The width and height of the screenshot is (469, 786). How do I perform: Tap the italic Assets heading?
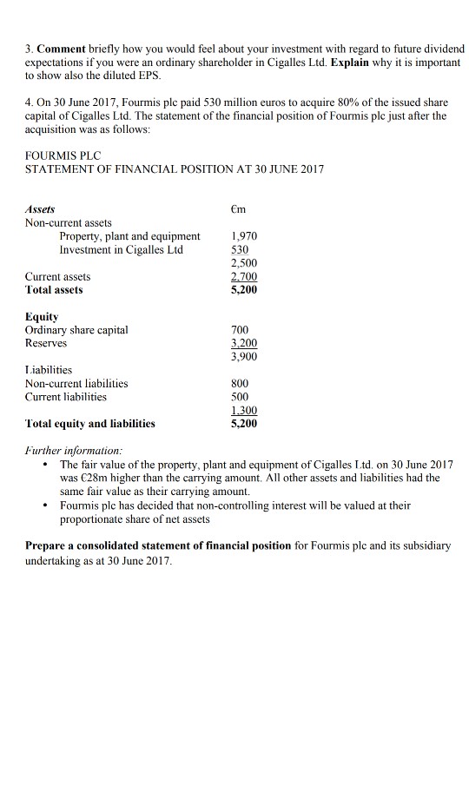coord(40,209)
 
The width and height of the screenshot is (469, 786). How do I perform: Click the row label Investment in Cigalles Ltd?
coord(122,249)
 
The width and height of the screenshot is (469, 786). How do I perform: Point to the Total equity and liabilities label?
coord(90,424)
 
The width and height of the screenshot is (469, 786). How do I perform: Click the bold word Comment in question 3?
coord(61,47)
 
